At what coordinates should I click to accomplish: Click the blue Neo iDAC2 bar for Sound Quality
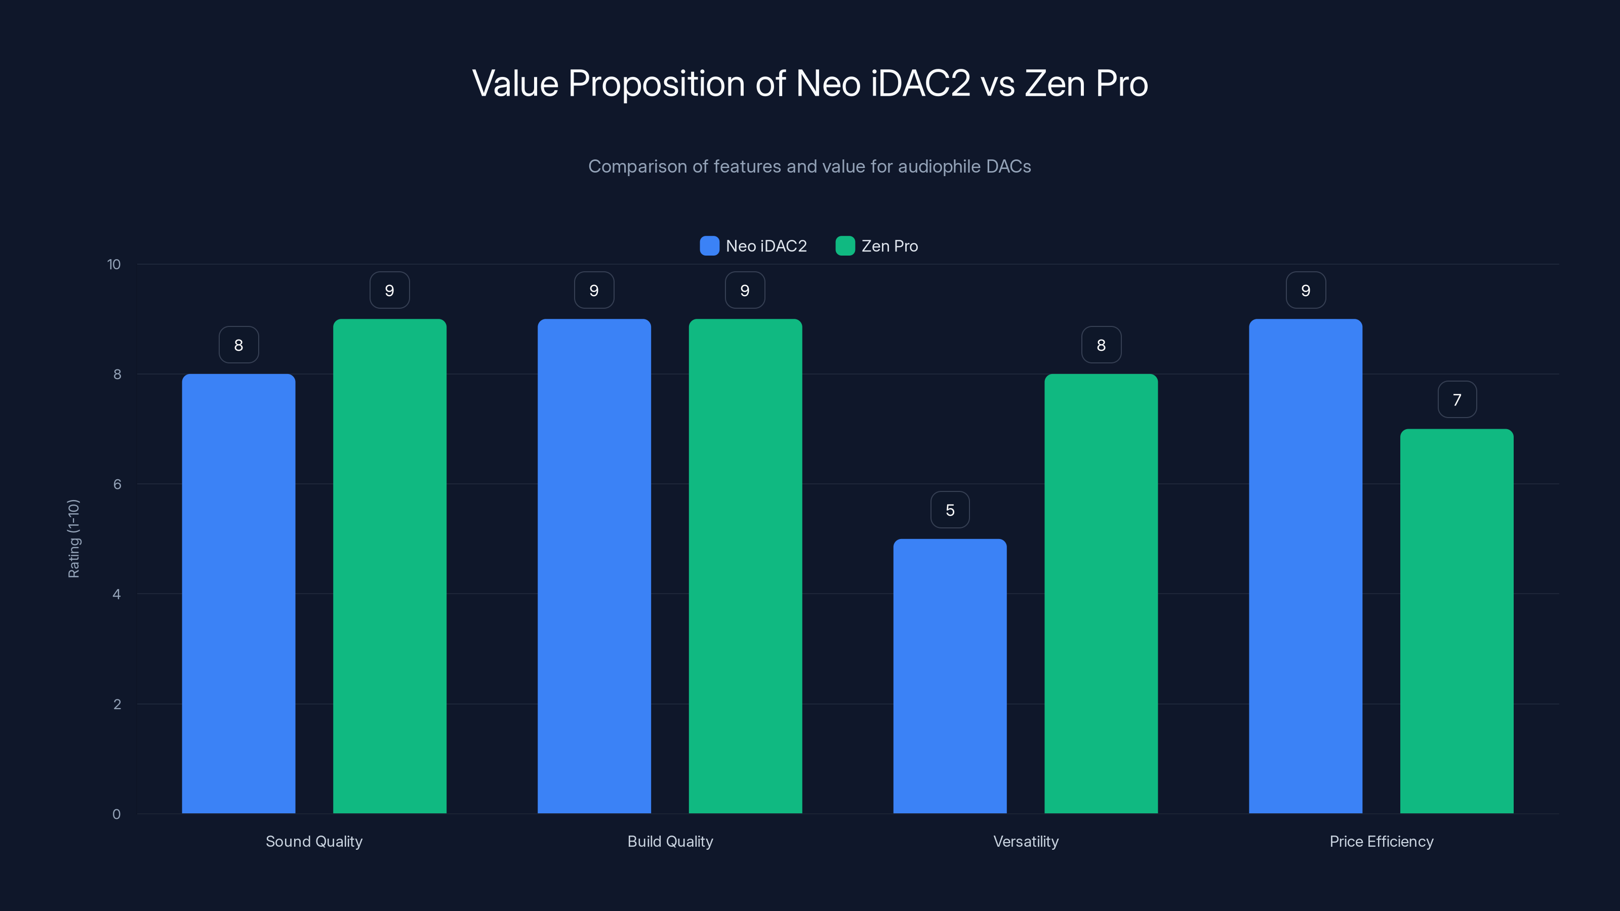[x=238, y=594]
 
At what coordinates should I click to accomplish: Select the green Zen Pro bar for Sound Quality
[x=389, y=566]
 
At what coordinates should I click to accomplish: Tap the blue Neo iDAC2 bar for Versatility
[x=950, y=676]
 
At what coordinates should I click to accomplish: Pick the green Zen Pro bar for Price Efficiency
[x=1456, y=621]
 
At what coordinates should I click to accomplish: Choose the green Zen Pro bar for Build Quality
[x=745, y=566]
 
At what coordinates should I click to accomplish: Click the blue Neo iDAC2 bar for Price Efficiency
[x=1306, y=566]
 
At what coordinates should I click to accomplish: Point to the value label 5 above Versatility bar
[x=950, y=510]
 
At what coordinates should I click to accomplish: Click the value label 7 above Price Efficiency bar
[x=1456, y=400]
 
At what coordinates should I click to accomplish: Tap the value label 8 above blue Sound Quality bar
[x=238, y=345]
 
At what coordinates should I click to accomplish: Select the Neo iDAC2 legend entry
[x=753, y=246]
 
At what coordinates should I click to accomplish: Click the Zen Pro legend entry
[x=877, y=246]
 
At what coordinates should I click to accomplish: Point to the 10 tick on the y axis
[x=114, y=264]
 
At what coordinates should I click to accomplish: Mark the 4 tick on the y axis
[x=116, y=594]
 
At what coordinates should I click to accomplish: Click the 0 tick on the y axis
[x=116, y=814]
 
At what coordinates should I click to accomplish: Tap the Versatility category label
[x=1026, y=841]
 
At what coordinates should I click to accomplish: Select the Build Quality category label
[x=670, y=841]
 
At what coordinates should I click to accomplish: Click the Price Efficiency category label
[x=1381, y=841]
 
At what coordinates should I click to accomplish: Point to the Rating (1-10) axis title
[x=73, y=539]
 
